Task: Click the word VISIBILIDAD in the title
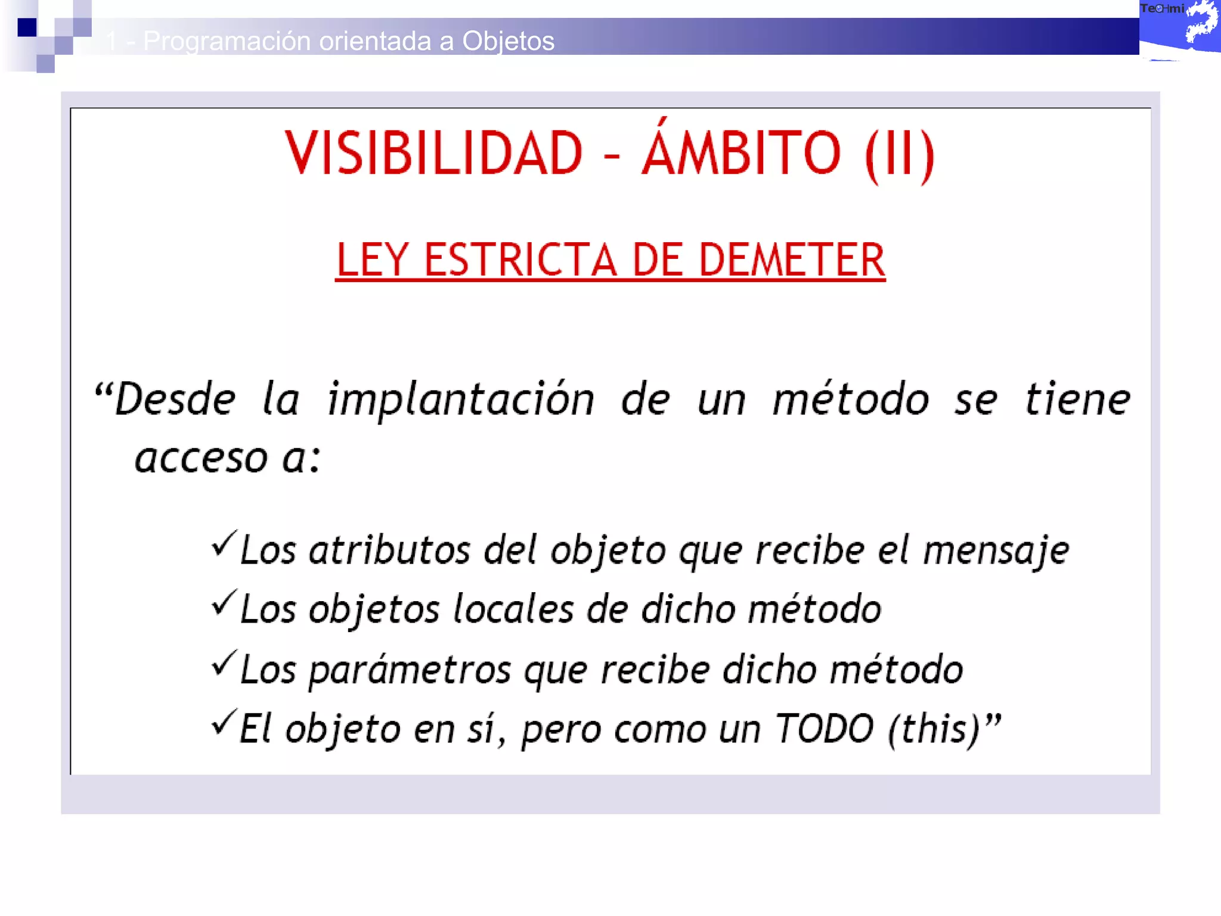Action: [433, 153]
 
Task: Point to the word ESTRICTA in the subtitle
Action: [520, 260]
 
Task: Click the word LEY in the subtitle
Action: [372, 260]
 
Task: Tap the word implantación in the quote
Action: [461, 400]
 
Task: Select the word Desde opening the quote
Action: [174, 400]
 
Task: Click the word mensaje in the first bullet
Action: [996, 550]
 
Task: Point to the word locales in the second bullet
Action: [513, 609]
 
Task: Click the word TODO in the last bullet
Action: [824, 729]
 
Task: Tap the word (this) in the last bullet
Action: [934, 729]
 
